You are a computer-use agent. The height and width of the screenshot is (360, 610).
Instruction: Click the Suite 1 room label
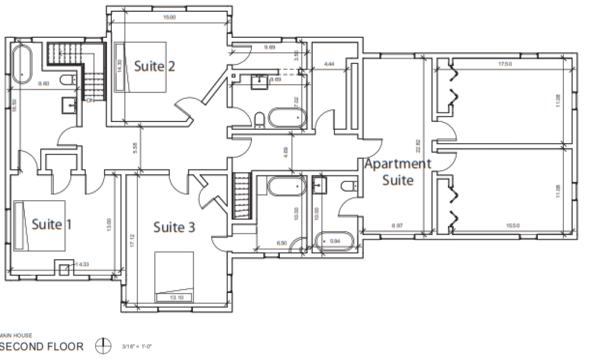[x=51, y=224]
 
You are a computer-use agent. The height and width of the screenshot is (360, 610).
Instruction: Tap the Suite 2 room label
[x=154, y=66]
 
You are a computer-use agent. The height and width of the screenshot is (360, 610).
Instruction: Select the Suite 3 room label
[x=175, y=227]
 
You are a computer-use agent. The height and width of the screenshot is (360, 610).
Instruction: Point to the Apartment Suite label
[x=398, y=171]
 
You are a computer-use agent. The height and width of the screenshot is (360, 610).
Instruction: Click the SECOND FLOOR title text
[x=42, y=346]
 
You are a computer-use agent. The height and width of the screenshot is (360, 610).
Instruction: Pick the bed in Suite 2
[x=141, y=66]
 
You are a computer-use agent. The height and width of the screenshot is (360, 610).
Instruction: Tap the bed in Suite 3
[x=174, y=277]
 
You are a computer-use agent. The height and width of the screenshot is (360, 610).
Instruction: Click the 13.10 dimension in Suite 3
[x=174, y=298]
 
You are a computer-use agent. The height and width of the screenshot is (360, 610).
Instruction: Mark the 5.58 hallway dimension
[x=135, y=148]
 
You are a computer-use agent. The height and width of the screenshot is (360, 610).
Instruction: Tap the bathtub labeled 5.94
[x=334, y=242]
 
